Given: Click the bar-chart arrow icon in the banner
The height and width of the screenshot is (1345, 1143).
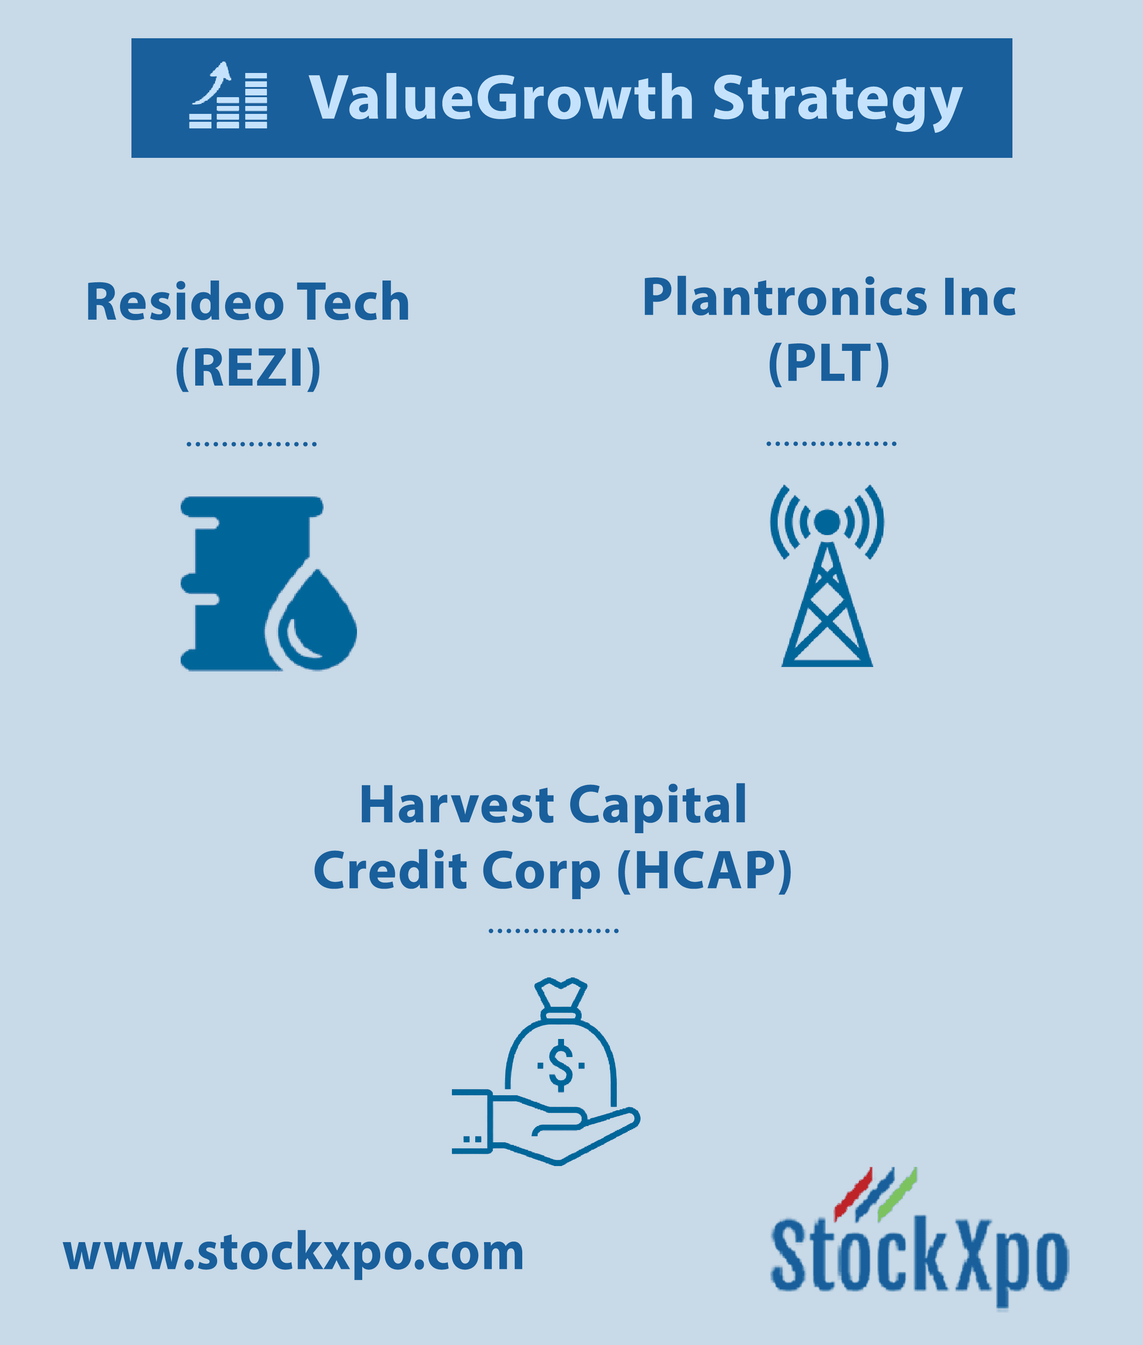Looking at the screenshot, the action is (x=228, y=95).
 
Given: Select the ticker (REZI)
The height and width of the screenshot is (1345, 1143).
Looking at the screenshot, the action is (x=248, y=368).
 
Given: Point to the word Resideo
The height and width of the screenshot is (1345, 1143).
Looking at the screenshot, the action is (x=186, y=302).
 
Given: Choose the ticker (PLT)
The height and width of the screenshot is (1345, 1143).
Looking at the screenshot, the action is (x=829, y=364).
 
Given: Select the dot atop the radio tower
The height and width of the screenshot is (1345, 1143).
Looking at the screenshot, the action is (x=827, y=522).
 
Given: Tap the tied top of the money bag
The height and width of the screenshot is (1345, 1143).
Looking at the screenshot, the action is (x=561, y=998).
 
